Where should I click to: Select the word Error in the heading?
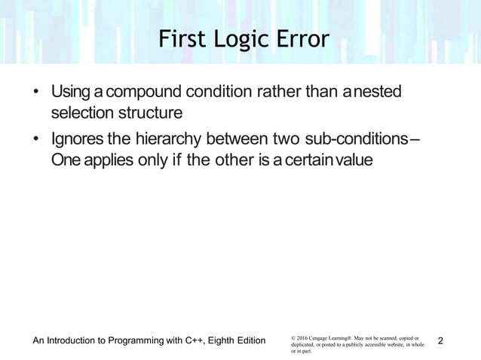(x=302, y=38)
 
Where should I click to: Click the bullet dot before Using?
(x=35, y=95)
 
